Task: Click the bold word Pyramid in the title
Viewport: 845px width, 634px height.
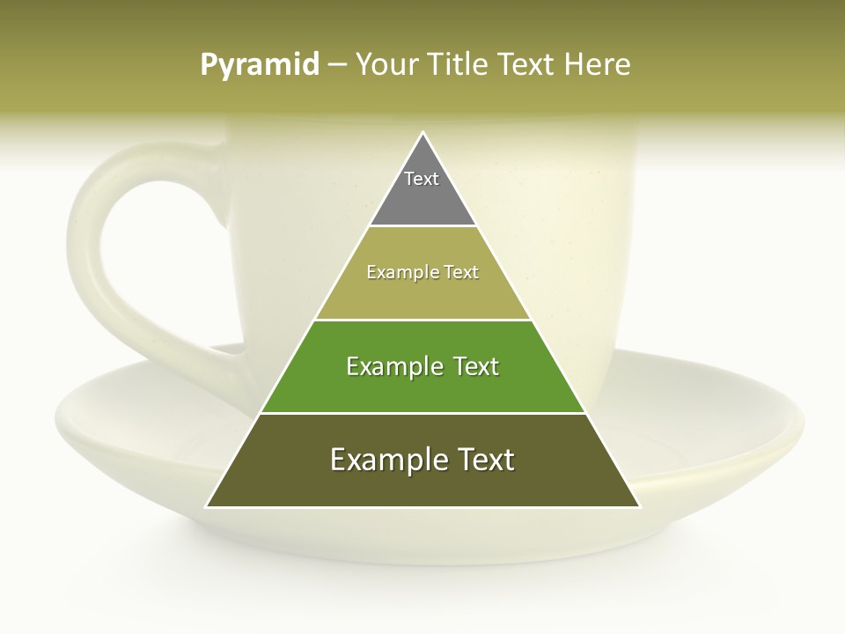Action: pyautogui.click(x=259, y=65)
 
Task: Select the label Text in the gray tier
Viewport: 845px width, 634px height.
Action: pyautogui.click(x=422, y=179)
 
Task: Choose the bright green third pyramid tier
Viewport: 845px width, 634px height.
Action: pyautogui.click(x=422, y=387)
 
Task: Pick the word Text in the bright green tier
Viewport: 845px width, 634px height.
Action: pyautogui.click(x=474, y=366)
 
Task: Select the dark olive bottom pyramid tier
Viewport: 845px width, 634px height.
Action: pyautogui.click(x=422, y=484)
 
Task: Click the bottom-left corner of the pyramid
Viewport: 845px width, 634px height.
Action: pyautogui.click(x=208, y=506)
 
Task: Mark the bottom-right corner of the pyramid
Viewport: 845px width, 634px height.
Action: pyautogui.click(x=638, y=506)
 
